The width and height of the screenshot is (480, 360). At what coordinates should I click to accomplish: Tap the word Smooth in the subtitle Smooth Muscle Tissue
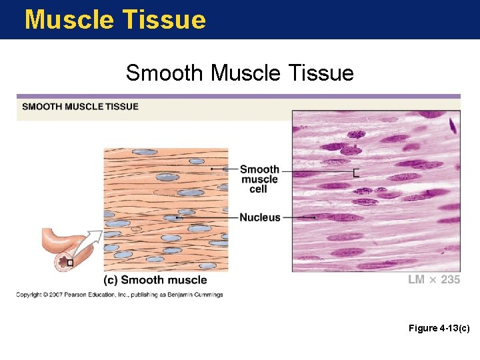coord(165,72)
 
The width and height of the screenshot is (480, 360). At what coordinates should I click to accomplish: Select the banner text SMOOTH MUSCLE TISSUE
coord(80,107)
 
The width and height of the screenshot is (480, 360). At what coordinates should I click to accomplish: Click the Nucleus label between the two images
coord(260,217)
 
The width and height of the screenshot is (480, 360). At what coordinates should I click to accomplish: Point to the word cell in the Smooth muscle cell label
coord(259,189)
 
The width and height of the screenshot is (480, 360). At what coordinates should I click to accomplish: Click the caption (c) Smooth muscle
coord(155,280)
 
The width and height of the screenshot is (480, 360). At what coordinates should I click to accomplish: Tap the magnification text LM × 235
coord(434,280)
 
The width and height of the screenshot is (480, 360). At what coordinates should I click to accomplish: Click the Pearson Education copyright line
coord(120,295)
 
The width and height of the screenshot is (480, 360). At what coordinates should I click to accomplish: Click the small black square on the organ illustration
coord(69,263)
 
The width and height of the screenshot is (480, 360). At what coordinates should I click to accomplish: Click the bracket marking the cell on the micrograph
coord(356,173)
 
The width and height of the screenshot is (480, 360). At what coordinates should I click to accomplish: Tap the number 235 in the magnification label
coord(450,280)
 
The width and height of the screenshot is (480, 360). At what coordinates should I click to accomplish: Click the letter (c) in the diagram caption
coord(111,280)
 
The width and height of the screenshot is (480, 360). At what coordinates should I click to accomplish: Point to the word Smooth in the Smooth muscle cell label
coord(259,169)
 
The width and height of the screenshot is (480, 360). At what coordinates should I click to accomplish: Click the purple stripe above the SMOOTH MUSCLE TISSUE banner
coord(238,97)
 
